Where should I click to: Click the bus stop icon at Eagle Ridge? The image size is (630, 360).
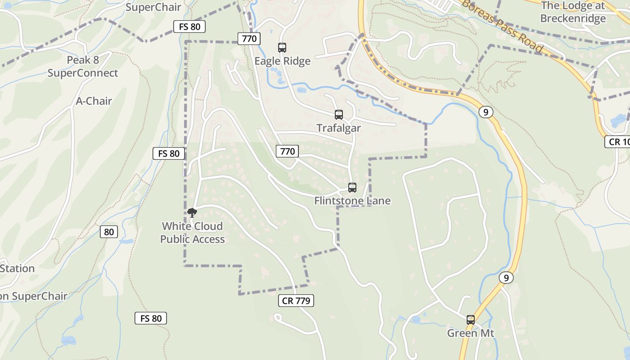pos(282,47)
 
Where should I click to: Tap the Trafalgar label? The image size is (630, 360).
pos(338,128)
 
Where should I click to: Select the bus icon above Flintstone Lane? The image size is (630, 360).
pos(352,187)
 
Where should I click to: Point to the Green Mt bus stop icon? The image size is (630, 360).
pos(471,320)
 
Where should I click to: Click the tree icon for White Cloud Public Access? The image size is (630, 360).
pos(192,212)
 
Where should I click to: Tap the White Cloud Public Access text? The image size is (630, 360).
pos(192,232)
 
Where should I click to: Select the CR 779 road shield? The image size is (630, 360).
pos(296,301)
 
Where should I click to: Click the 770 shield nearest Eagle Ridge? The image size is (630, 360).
pos(249,38)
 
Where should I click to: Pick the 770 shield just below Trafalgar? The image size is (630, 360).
pos(287,151)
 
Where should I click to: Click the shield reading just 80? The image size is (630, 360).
pos(108,232)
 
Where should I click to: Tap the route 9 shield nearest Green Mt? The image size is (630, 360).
pos(506,278)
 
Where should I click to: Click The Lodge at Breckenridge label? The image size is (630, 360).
pos(573,12)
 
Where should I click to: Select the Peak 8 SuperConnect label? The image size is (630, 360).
pos(83,66)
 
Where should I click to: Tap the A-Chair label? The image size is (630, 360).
pos(94,101)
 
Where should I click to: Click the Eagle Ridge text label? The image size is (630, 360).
pos(282,61)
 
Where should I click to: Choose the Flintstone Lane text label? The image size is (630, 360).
pos(352,201)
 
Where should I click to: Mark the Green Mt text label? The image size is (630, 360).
pos(470,333)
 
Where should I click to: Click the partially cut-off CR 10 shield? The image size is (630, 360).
pos(617,142)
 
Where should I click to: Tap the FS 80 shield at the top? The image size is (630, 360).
pos(189,27)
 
